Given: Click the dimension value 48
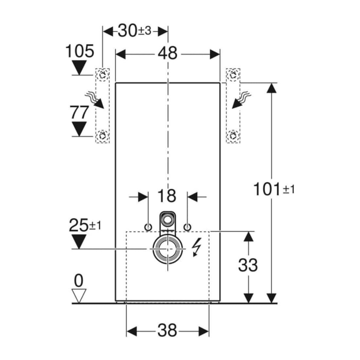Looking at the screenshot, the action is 167,53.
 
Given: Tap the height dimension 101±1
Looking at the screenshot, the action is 274,189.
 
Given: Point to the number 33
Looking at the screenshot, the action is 248,265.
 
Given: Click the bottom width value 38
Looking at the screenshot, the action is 167,331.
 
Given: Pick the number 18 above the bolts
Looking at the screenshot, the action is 167,196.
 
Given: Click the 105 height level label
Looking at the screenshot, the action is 80,51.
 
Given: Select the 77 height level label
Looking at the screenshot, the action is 79,112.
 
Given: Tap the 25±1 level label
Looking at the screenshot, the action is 85,225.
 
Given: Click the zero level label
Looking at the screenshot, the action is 79,280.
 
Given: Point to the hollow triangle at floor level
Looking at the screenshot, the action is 79,296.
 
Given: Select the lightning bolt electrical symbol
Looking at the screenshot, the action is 196,247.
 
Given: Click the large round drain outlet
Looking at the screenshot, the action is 168,249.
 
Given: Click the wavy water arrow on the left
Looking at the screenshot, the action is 95,100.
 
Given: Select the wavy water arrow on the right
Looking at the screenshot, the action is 241,100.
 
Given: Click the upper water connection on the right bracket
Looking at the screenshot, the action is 233,75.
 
